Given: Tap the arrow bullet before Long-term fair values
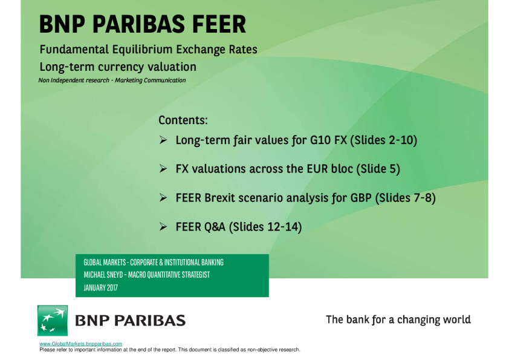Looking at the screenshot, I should [x=163, y=140].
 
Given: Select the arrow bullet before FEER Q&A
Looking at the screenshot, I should [x=163, y=227].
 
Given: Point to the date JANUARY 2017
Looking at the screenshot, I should [x=100, y=288].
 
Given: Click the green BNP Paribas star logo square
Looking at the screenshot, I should [x=53, y=320].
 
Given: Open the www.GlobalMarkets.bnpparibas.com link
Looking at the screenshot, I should [x=80, y=344].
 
